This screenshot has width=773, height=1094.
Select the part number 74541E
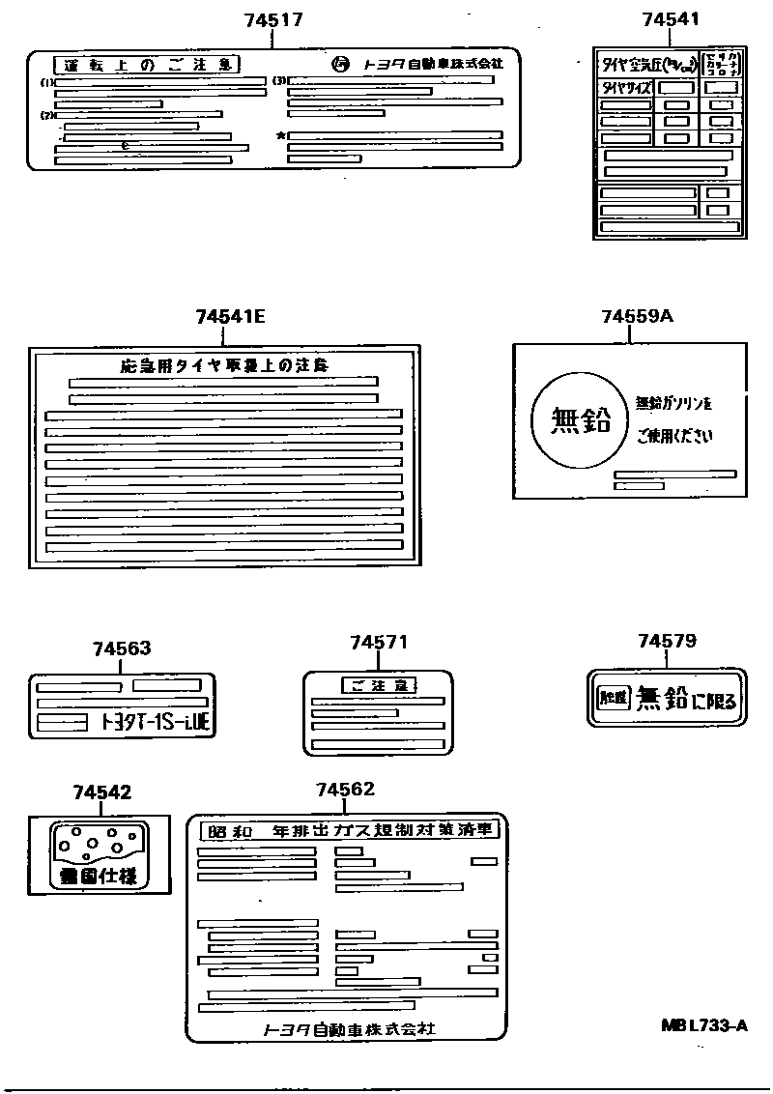click(x=230, y=316)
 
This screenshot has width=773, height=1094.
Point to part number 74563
click(x=122, y=648)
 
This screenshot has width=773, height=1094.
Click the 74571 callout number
click(x=379, y=643)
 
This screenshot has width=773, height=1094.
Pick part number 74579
click(x=667, y=641)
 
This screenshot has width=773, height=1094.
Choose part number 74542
click(x=101, y=792)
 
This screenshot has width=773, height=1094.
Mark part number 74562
click(x=345, y=790)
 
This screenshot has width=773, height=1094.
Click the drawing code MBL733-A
click(x=704, y=1025)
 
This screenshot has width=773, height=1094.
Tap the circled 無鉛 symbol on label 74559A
click(x=580, y=422)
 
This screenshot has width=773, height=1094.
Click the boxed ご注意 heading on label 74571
click(x=379, y=685)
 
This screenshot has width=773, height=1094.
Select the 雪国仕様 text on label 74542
click(x=100, y=877)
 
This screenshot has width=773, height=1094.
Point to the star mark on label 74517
click(x=280, y=136)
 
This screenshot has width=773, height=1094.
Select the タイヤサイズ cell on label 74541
click(x=626, y=87)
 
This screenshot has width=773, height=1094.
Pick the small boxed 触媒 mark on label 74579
click(x=613, y=697)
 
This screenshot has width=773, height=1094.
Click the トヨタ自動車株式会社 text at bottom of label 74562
click(x=349, y=1029)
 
